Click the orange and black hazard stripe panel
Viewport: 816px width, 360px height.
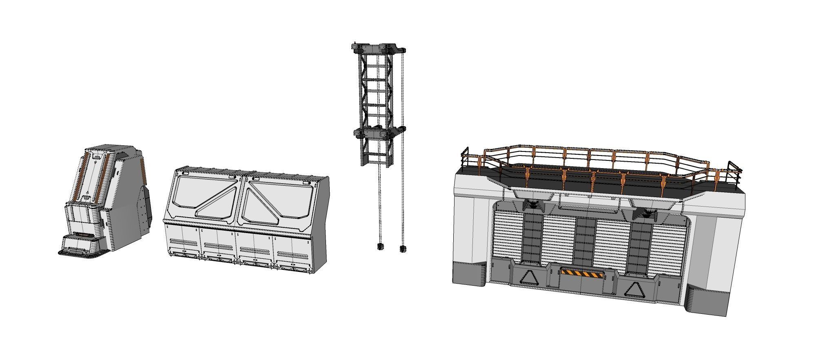(x=581, y=273)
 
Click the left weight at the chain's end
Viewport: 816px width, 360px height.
(x=380, y=246)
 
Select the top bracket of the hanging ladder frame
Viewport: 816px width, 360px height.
(x=377, y=48)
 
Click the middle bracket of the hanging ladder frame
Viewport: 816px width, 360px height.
(x=379, y=133)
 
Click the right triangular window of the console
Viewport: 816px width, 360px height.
(x=277, y=200)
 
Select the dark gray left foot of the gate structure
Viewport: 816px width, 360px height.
(x=469, y=273)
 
